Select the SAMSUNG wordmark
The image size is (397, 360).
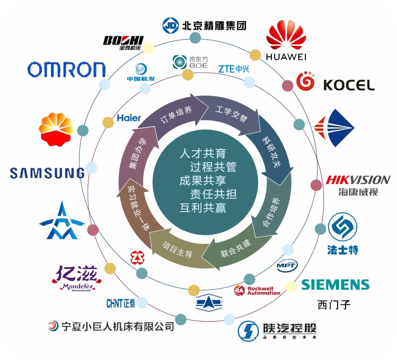click(47, 173)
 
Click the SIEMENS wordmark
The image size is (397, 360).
click(335, 285)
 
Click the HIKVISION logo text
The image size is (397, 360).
click(358, 180)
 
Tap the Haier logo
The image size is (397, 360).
click(129, 118)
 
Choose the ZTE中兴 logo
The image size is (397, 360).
click(233, 69)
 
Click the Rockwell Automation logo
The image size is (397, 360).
click(257, 291)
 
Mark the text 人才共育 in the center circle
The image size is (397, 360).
click(203, 153)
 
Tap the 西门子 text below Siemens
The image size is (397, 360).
click(334, 305)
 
